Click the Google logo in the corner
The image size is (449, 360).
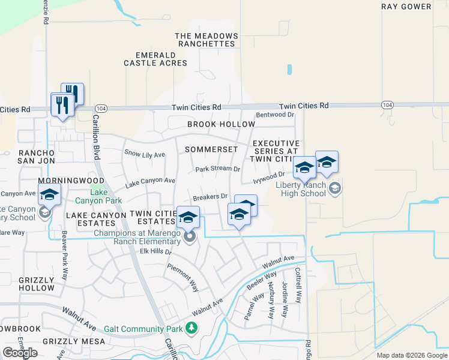tap(20, 353)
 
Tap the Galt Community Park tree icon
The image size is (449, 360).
tap(191, 328)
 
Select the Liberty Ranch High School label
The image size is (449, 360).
tap(301, 189)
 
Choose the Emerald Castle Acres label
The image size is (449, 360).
tap(157, 58)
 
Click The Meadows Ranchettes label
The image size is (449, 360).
tap(206, 40)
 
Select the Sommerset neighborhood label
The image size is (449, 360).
tap(211, 149)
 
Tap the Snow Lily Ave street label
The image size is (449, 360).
tap(144, 154)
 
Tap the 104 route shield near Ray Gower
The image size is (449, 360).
tap(387, 104)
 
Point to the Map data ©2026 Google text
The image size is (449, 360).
tap(412, 355)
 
